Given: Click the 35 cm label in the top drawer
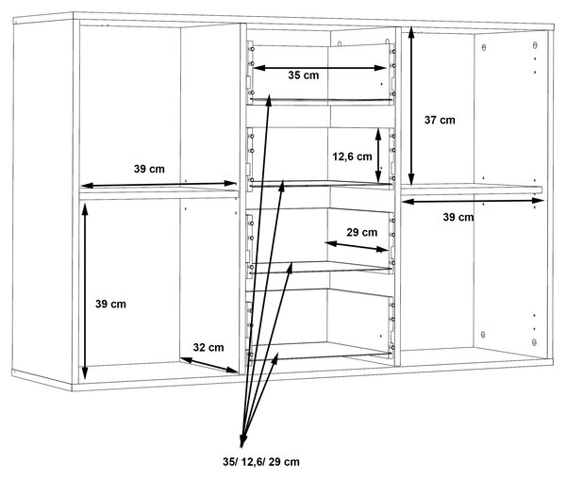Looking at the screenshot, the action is click(x=303, y=75).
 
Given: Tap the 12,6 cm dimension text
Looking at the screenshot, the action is click(x=352, y=157).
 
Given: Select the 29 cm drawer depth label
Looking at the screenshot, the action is click(x=362, y=232).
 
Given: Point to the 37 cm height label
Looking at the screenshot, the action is click(x=440, y=120).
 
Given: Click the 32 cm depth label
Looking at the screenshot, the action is click(x=208, y=347).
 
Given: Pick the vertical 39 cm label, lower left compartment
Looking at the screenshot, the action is click(x=110, y=304).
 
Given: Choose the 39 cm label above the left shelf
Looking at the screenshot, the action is click(x=149, y=169).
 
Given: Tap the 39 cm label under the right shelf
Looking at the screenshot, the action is click(x=458, y=217).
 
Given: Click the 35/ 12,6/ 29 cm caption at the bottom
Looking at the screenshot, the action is click(x=261, y=462).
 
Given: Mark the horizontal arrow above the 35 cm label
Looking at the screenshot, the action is click(x=320, y=68).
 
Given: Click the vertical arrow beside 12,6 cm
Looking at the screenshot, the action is click(x=378, y=157).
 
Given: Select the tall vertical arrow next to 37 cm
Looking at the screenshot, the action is click(x=411, y=107).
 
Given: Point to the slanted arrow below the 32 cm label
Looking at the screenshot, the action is click(x=209, y=365).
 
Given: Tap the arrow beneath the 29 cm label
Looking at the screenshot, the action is click(x=357, y=246).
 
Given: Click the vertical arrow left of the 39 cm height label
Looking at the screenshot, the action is click(x=85, y=291).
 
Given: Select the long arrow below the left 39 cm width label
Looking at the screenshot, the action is click(x=158, y=184).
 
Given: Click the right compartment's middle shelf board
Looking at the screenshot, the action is click(x=472, y=190).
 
